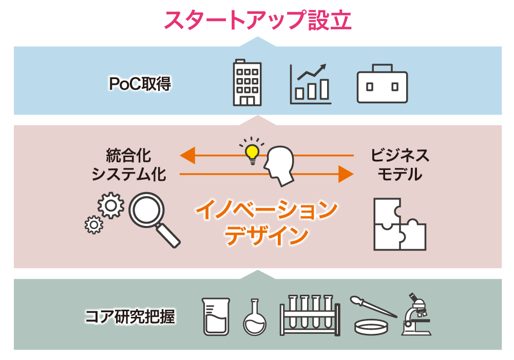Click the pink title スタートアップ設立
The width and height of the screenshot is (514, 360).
[x=257, y=20]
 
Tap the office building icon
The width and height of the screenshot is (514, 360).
[x=247, y=82]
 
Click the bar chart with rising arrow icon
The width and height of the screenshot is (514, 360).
[x=310, y=84]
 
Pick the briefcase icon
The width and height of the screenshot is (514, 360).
[x=382, y=84]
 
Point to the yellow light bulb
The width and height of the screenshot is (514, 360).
[x=252, y=152]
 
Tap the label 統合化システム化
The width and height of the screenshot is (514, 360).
[x=129, y=165]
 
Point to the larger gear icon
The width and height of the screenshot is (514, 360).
[x=111, y=205]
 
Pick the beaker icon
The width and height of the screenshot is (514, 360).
[x=216, y=316]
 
